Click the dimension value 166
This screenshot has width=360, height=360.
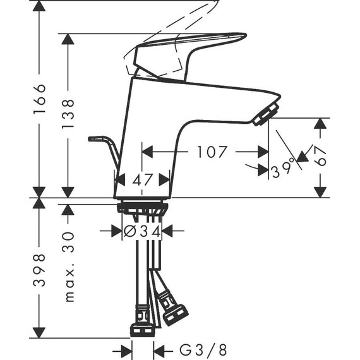pyautogui.click(x=39, y=99)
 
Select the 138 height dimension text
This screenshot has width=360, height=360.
pyautogui.click(x=68, y=114)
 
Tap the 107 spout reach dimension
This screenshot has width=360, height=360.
pyautogui.click(x=212, y=152)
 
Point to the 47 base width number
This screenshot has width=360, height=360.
pyautogui.click(x=142, y=180)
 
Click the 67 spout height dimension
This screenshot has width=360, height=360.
pyautogui.click(x=320, y=156)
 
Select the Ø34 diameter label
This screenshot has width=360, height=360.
pyautogui.click(x=142, y=231)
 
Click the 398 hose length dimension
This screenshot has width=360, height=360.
pyautogui.click(x=39, y=270)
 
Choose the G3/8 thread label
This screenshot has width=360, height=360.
pyautogui.click(x=203, y=351)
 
